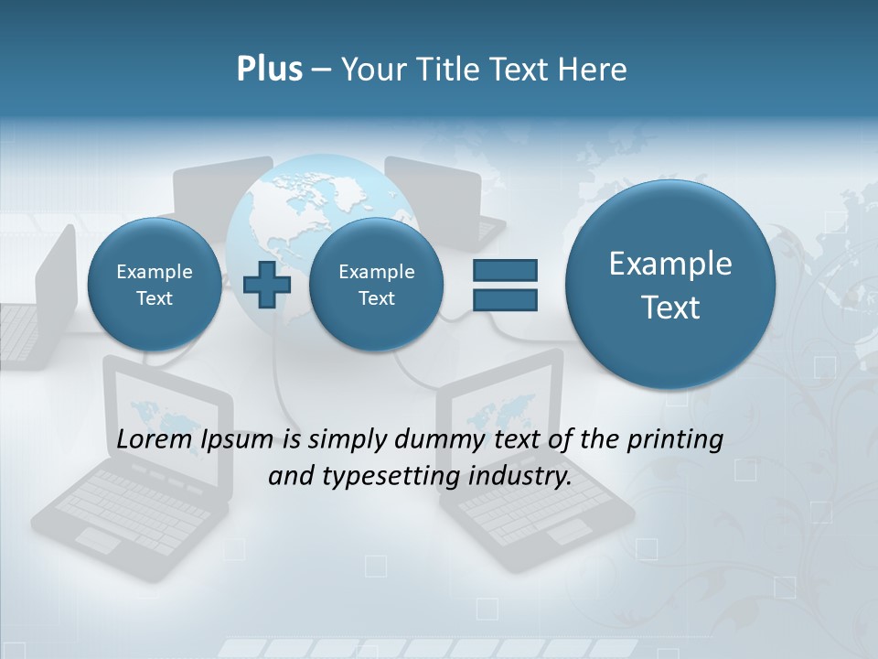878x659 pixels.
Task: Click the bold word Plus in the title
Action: point(269,70)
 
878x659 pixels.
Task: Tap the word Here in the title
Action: point(590,70)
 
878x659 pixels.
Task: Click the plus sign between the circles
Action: point(267,285)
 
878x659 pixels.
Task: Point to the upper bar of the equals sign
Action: point(504,270)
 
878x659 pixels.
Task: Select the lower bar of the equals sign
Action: point(504,299)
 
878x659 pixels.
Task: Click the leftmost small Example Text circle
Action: point(154,285)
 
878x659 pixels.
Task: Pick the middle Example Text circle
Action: point(376,285)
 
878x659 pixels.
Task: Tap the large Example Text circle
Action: point(670,285)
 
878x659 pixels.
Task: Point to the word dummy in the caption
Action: point(435,439)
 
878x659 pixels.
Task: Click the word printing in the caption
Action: point(674,440)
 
